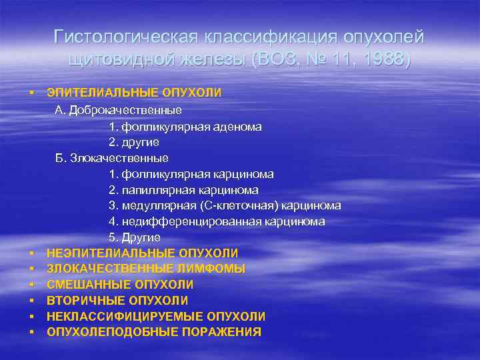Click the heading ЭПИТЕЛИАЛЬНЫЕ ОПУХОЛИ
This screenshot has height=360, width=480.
[x=134, y=93]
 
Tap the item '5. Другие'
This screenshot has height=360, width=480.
[x=134, y=237]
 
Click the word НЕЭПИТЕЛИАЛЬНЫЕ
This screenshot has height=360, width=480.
[x=111, y=253]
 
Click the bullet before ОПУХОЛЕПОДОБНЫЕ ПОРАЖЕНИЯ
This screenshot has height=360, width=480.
[x=32, y=332]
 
